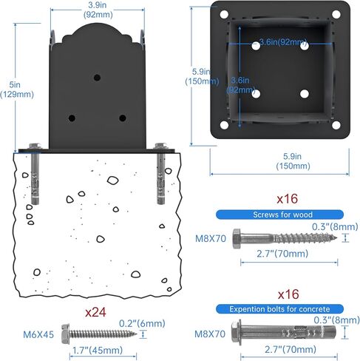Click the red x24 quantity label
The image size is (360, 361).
[x=95, y=312]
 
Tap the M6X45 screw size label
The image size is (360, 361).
[x=38, y=334]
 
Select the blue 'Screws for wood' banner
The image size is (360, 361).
[x=279, y=215]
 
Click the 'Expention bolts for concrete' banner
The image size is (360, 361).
[x=279, y=309]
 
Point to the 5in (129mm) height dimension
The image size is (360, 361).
[x=17, y=90]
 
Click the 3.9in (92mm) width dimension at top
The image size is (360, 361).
[x=98, y=10]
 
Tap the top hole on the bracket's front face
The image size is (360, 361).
[x=97, y=78]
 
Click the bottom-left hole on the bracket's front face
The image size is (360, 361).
[x=72, y=118]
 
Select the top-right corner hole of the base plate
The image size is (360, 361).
[x=336, y=14]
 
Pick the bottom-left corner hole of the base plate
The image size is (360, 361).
[x=224, y=125]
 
